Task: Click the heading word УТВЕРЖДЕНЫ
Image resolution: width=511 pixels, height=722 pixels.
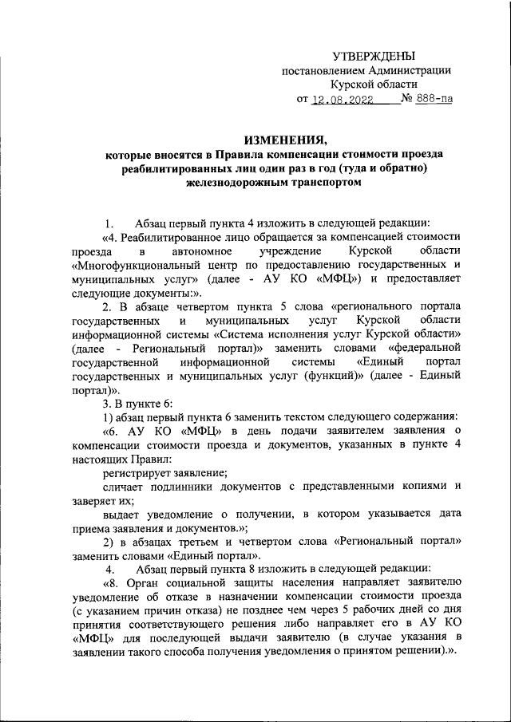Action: coord(374,56)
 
